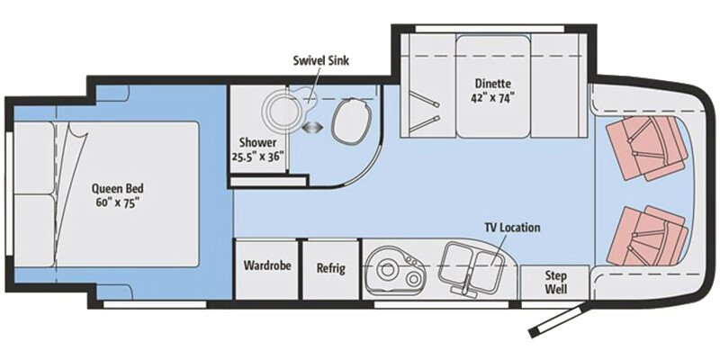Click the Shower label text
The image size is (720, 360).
[x=256, y=142]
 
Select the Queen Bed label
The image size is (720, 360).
[x=117, y=189]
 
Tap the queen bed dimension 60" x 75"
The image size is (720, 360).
[x=117, y=202]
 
